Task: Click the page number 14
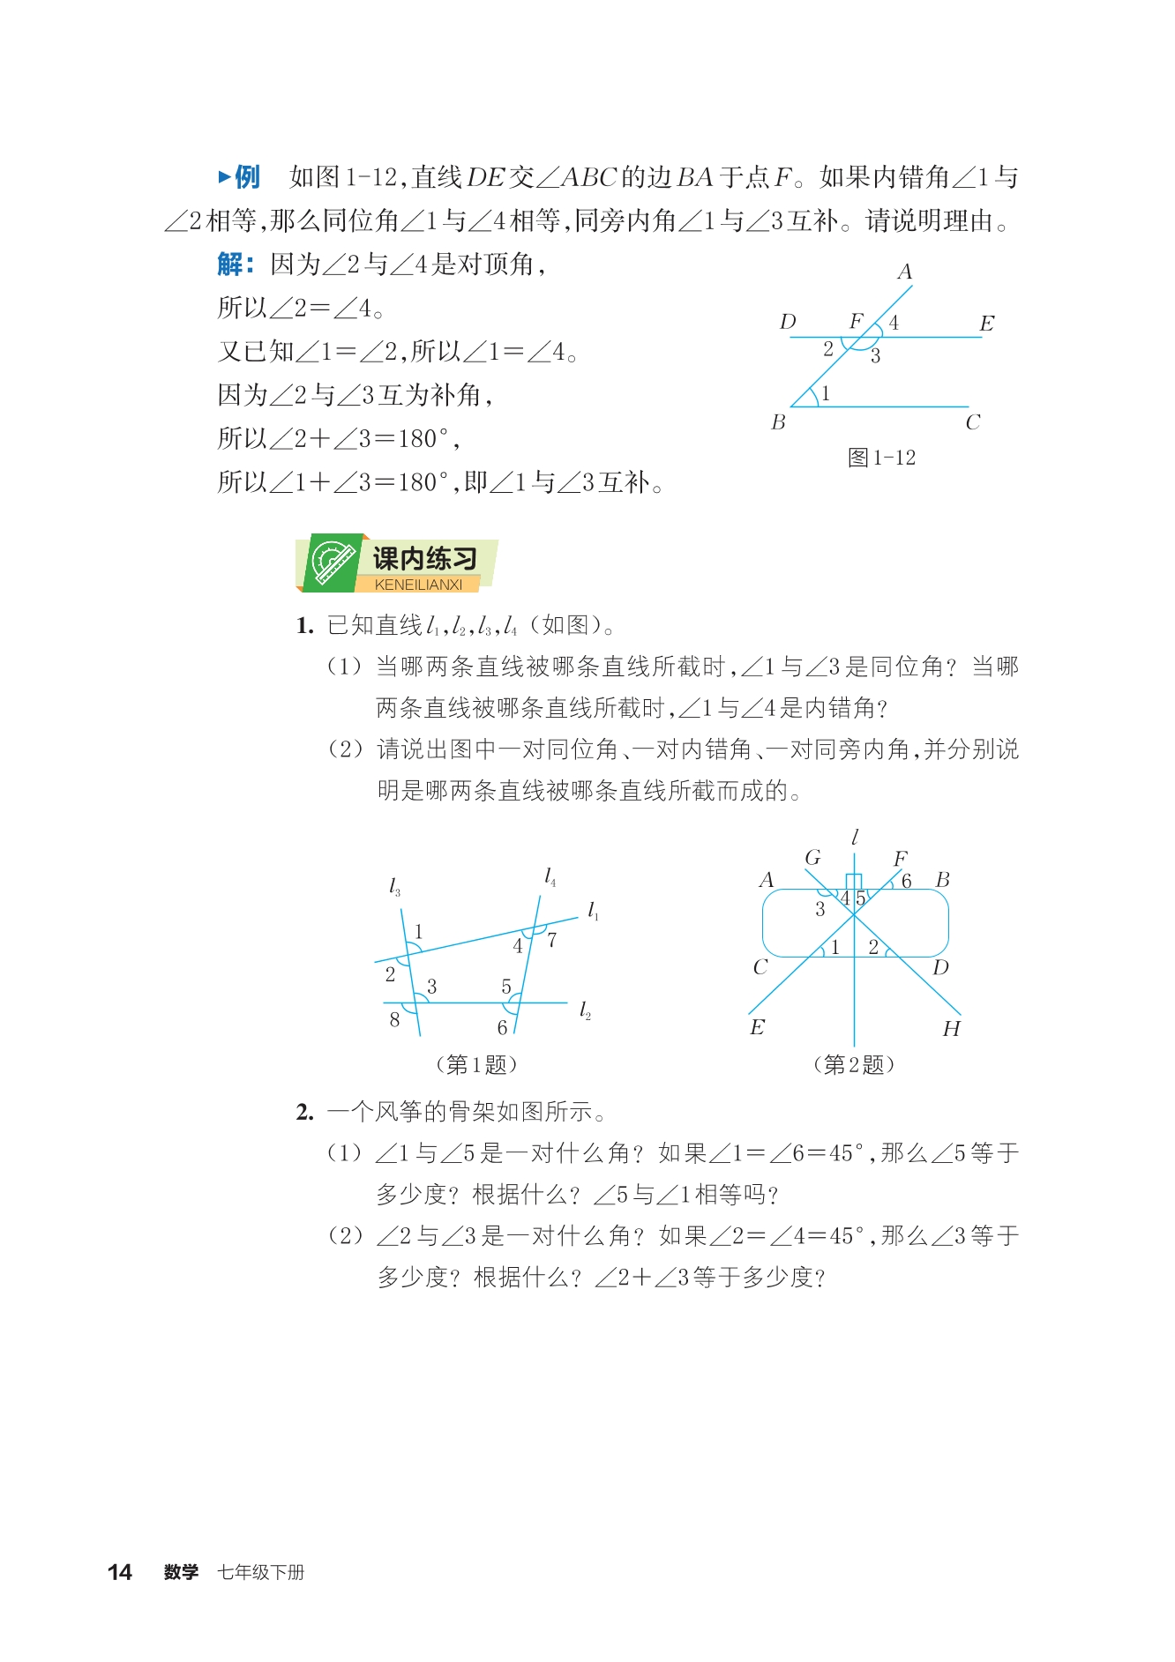coord(119,1572)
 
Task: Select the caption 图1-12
coord(881,458)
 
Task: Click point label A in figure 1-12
coord(904,272)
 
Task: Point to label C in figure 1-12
coord(973,423)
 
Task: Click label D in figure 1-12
coord(788,323)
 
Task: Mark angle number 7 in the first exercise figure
coord(552,940)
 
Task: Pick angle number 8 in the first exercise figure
coord(394,1020)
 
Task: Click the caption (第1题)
coord(476,1065)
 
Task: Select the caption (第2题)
coord(853,1065)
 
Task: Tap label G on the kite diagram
coord(812,858)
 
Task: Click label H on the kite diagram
coord(951,1029)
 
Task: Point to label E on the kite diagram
coord(757,1027)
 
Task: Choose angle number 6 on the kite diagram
coord(906,882)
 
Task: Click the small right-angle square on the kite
coord(853,882)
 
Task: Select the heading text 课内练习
coord(424,558)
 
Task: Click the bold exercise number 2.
coord(304,1113)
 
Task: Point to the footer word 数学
coord(181,1572)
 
